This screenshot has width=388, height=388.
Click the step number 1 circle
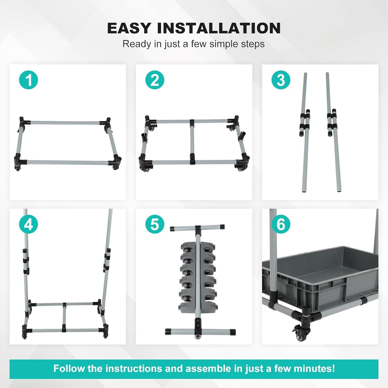tap(28, 80)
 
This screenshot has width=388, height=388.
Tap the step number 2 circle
tap(155, 80)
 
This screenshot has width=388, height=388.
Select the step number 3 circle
tap(281, 80)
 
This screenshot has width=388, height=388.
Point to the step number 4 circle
tap(28, 224)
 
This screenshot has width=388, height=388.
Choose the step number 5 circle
tap(155, 224)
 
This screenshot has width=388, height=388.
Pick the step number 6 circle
tap(281, 224)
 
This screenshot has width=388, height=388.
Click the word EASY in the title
tap(129, 28)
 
